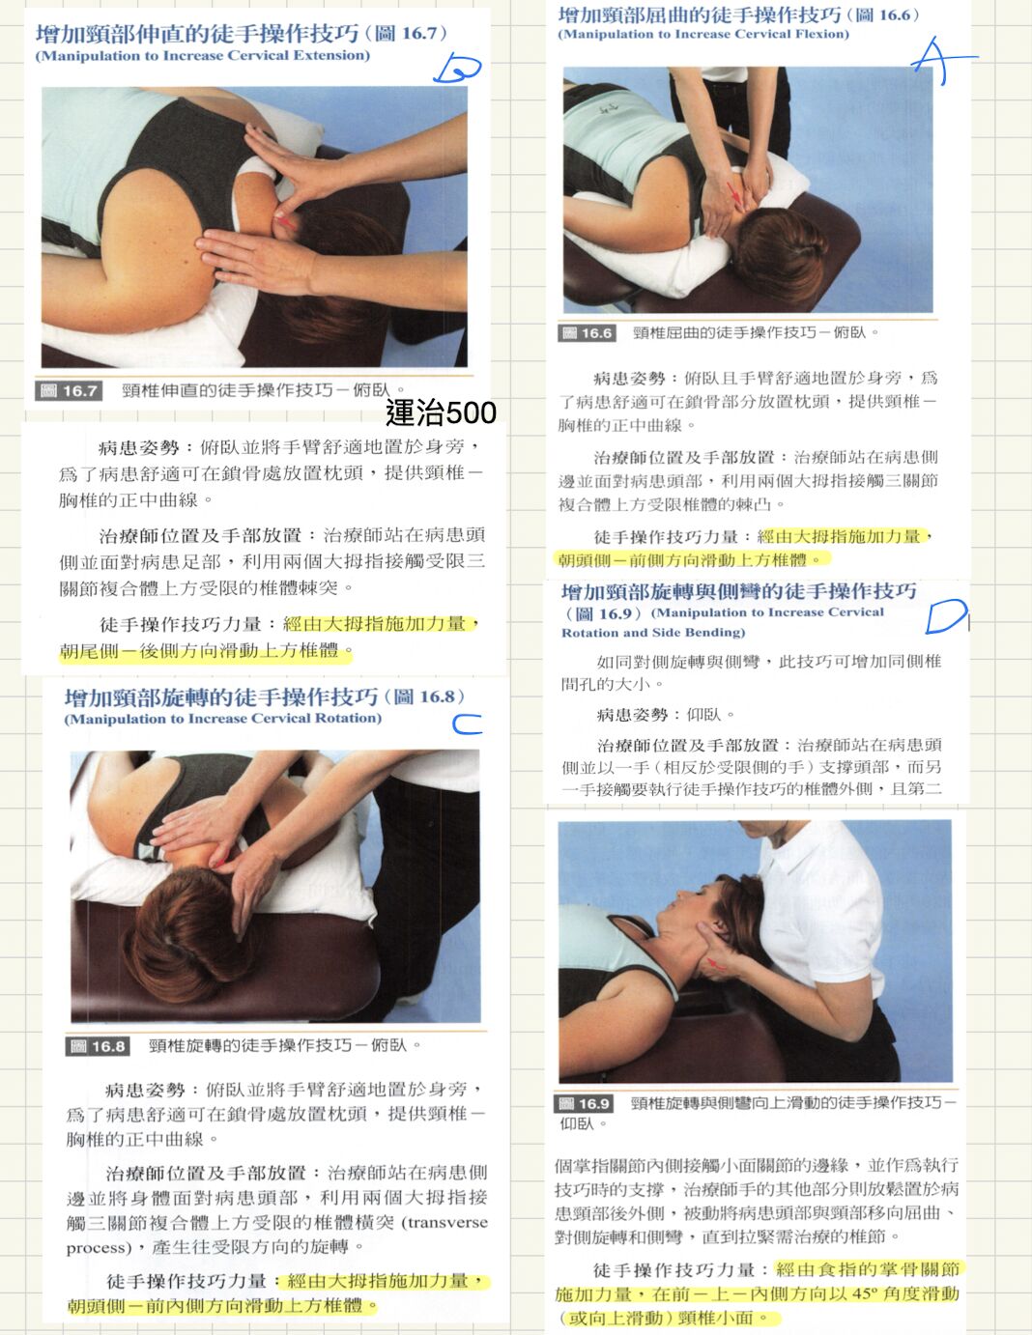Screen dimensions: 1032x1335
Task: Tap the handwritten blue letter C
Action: (467, 724)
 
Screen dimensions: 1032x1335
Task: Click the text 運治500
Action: (441, 412)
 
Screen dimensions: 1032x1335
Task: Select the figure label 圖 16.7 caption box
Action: (69, 390)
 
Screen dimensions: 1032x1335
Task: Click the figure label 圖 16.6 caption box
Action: (587, 333)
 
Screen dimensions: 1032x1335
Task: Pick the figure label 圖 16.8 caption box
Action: (97, 1046)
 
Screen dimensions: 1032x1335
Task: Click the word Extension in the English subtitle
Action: (329, 56)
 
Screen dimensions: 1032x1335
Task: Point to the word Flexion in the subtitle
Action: (823, 34)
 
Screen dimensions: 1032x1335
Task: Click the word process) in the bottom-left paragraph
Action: (99, 1248)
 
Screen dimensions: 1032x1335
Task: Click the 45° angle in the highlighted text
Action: (863, 1293)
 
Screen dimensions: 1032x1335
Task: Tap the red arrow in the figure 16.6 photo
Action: (734, 194)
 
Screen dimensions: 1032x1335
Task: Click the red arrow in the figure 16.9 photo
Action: (715, 963)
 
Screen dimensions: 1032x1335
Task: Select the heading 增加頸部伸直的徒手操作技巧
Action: (197, 34)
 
